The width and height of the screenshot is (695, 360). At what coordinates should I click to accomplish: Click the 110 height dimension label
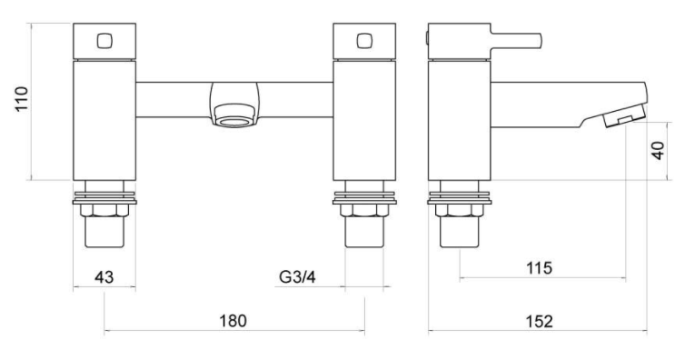tap(21, 99)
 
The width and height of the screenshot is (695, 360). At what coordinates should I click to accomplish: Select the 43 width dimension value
tap(104, 277)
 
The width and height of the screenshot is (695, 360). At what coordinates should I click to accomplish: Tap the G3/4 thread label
tap(297, 277)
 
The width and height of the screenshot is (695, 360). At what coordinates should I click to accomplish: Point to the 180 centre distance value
tap(233, 321)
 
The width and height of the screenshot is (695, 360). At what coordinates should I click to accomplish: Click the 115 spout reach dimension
tap(539, 268)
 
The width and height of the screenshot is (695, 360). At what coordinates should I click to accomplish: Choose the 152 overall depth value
tap(540, 321)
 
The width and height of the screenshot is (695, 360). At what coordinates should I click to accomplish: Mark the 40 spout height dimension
tap(658, 150)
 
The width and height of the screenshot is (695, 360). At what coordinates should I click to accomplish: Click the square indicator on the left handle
tap(104, 41)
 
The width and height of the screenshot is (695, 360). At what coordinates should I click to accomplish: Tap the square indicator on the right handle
tap(364, 41)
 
